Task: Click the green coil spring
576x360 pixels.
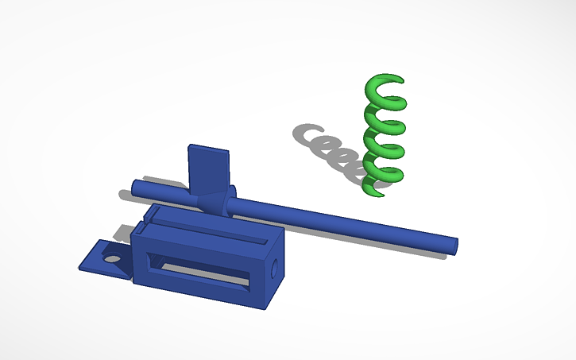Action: tap(384, 135)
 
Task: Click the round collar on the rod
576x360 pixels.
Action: tap(232, 202)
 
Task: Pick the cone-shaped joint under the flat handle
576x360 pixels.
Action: tap(209, 199)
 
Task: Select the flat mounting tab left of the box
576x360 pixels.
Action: tap(99, 259)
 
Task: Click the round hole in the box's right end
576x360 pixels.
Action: tap(275, 269)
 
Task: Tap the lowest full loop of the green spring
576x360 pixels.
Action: tap(383, 168)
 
